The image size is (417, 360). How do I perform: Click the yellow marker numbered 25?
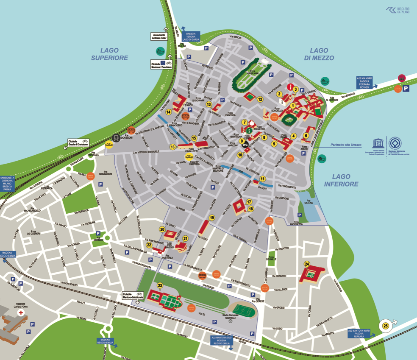(385, 326)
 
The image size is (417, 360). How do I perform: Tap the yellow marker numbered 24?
(307, 264)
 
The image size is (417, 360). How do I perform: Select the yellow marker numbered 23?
(160, 285)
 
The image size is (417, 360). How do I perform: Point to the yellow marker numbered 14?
(168, 112)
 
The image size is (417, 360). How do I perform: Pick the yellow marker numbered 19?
(212, 218)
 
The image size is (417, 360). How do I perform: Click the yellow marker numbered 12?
(260, 99)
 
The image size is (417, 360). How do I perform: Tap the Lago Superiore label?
(109, 54)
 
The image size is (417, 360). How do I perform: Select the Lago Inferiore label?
(341, 180)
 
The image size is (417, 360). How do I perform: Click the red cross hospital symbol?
(20, 313)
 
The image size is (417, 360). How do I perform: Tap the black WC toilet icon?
(245, 145)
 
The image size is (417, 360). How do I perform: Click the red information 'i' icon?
(290, 87)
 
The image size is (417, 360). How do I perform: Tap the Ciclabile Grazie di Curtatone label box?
(81, 143)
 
